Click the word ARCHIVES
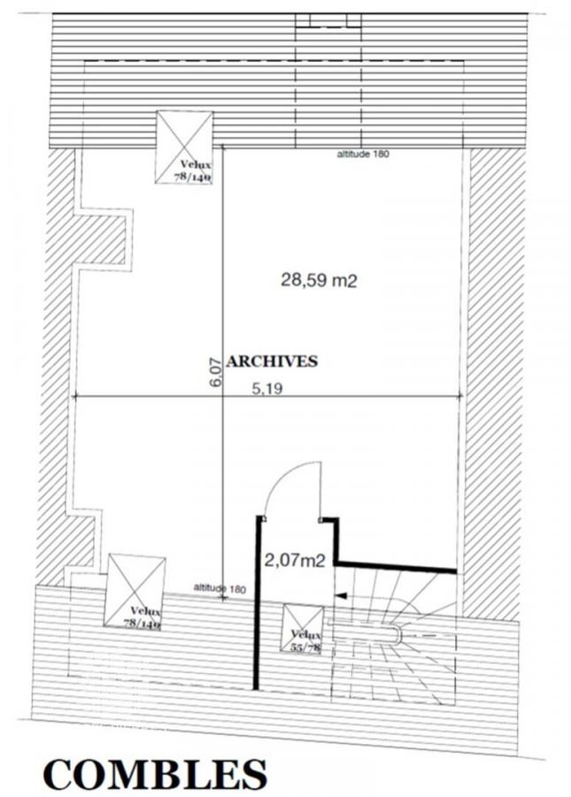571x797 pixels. click(272, 361)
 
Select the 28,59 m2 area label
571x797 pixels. click(319, 280)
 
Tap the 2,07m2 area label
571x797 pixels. click(295, 561)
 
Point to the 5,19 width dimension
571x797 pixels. click(267, 389)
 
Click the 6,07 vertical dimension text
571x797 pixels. click(216, 372)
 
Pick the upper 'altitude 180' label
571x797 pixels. click(363, 154)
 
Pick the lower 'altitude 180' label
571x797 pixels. click(220, 589)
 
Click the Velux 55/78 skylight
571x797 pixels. click(302, 628)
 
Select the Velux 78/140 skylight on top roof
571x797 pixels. click(184, 147)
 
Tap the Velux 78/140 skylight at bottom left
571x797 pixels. click(135, 592)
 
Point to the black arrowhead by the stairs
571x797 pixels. click(342, 595)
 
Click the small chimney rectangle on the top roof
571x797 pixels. click(328, 19)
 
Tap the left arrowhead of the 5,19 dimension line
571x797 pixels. click(77, 397)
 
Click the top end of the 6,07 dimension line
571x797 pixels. click(223, 146)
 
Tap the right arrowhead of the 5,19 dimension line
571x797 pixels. click(459, 397)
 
